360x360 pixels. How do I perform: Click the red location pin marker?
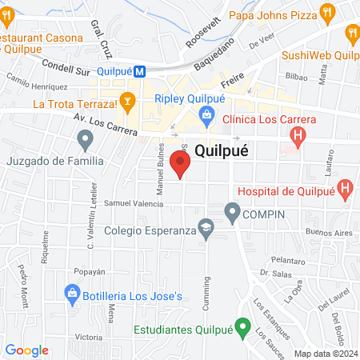coord(181,166)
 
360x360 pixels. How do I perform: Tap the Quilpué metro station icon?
coord(140,71)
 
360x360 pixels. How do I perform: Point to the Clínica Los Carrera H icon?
coord(298,137)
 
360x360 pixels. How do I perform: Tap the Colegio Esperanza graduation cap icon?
coord(206,230)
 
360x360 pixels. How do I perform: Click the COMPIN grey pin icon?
coord(232,213)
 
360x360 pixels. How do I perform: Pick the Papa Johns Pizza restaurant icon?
coord(326,13)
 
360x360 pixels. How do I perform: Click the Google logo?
coord(27,350)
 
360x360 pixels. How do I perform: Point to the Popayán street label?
coord(90,271)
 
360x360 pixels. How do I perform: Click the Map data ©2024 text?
coord(326,354)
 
